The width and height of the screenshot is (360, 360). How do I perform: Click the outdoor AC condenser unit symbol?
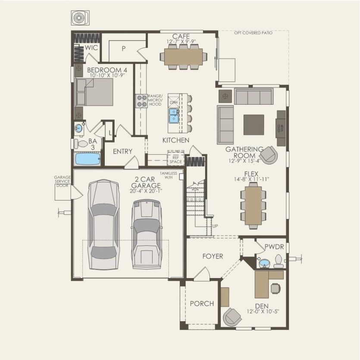80,18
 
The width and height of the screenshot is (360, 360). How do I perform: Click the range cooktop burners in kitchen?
142,101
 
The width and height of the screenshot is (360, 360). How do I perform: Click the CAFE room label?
181,36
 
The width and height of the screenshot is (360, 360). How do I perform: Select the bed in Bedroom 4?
94,91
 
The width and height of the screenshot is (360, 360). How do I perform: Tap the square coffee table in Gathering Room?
254,125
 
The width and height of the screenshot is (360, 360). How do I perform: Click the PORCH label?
202,304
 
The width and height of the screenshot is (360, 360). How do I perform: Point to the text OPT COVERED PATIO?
253,33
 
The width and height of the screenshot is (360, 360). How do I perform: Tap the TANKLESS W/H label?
169,175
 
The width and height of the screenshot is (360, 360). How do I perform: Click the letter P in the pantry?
123,49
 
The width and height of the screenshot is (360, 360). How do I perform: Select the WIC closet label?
91,47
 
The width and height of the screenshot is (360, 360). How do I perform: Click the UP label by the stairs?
215,226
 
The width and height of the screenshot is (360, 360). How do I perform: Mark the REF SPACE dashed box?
175,158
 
